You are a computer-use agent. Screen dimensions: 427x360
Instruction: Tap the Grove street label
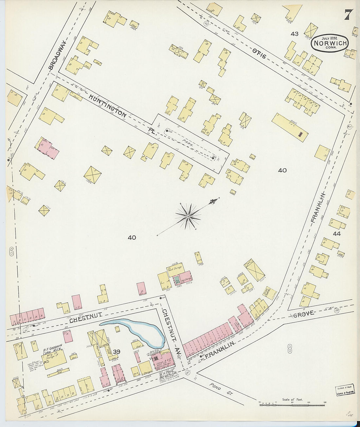pos(304,314)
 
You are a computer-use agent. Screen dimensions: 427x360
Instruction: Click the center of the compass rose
pos(188,216)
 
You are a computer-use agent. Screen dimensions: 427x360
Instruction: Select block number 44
pos(336,234)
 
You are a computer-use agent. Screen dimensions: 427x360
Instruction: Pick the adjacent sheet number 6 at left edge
pos(11,252)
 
